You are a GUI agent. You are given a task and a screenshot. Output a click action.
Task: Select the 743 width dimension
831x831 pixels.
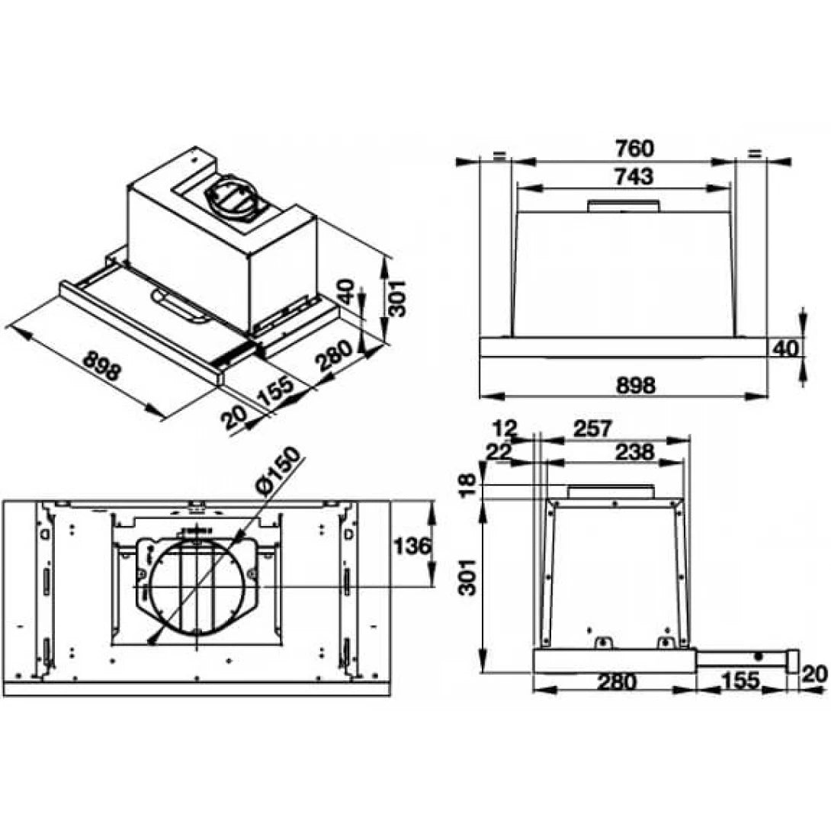(x=633, y=176)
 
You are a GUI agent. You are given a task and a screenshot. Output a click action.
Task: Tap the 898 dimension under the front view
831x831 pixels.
(x=634, y=385)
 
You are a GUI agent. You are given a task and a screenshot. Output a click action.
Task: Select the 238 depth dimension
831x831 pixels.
(x=634, y=451)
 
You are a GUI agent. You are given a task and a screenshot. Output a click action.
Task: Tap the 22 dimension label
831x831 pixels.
(x=499, y=451)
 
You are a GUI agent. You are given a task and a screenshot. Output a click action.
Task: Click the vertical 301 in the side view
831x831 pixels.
(x=470, y=576)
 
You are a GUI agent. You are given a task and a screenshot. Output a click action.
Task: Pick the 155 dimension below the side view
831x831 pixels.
(x=737, y=681)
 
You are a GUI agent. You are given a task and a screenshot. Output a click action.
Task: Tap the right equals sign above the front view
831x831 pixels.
(x=754, y=154)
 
